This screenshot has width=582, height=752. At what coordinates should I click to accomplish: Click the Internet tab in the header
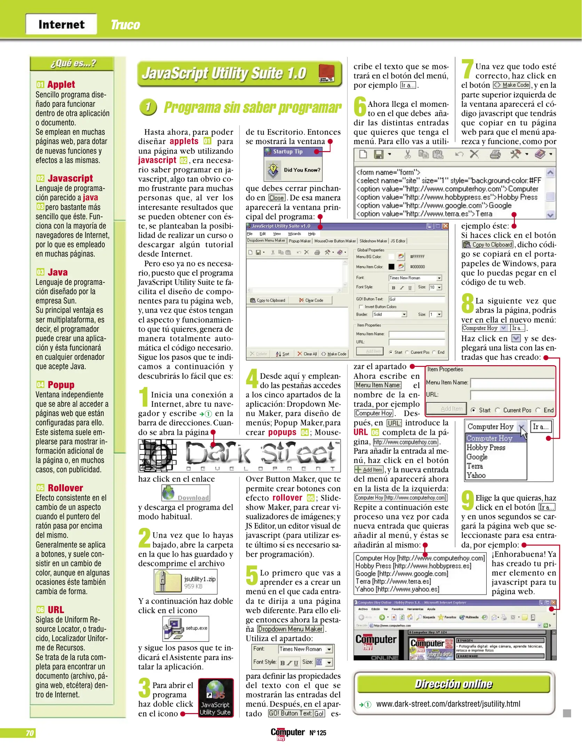point(61,24)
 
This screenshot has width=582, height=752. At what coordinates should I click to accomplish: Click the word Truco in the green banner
point(125,25)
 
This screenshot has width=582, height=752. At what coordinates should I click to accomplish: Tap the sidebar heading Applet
point(61,85)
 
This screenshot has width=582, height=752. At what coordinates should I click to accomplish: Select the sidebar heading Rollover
point(65,488)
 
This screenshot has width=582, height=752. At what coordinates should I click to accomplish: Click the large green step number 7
point(467,69)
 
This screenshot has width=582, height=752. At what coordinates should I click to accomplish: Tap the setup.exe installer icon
point(174,628)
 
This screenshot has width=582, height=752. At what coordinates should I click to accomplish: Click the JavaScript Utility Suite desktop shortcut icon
point(216,697)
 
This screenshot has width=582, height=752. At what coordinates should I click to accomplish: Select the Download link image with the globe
point(185,493)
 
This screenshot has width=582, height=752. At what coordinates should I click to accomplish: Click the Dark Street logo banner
point(239,455)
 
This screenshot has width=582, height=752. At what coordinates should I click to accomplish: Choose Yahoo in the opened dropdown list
point(476,475)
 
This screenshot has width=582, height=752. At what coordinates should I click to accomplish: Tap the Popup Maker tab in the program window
point(300,241)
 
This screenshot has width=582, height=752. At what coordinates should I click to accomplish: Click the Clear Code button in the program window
point(311,300)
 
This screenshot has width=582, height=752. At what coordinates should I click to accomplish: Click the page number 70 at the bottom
point(30,733)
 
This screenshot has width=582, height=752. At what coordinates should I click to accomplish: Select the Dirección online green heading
point(453,684)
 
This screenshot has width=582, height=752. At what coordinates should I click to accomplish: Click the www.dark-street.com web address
point(448,704)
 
